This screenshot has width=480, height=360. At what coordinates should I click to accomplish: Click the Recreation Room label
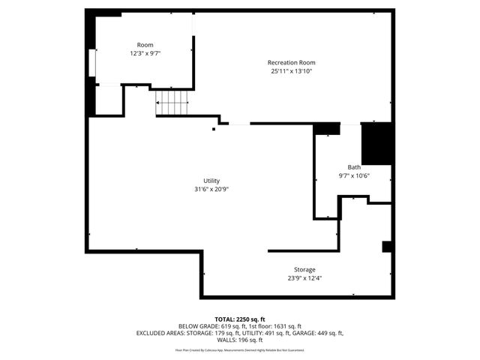[x=291, y=62]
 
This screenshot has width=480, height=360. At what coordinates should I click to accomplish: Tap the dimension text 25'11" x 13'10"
[x=291, y=71]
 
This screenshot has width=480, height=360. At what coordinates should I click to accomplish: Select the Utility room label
[x=211, y=181]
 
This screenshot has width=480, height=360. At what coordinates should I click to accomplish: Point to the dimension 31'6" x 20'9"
[x=211, y=190]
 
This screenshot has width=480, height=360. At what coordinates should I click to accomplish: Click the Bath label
[x=354, y=167]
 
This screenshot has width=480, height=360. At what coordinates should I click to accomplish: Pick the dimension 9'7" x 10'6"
[x=354, y=176]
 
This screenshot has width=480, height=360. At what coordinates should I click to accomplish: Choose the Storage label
[x=304, y=269]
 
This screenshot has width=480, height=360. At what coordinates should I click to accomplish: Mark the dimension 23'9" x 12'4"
[x=304, y=278]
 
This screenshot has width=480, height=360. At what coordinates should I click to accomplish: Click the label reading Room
[x=145, y=45]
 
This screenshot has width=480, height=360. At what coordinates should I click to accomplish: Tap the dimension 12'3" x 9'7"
[x=145, y=54]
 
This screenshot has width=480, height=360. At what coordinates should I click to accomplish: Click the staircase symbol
[x=172, y=102]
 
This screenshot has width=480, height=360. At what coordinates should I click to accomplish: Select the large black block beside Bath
[x=377, y=142]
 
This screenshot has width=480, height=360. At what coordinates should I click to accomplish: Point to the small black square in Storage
[x=387, y=247]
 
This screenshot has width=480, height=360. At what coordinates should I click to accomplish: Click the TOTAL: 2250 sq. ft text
[x=240, y=319]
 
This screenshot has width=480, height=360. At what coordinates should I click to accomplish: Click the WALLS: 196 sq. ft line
[x=240, y=340]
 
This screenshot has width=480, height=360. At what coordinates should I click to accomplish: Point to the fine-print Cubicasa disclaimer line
[x=240, y=349]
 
